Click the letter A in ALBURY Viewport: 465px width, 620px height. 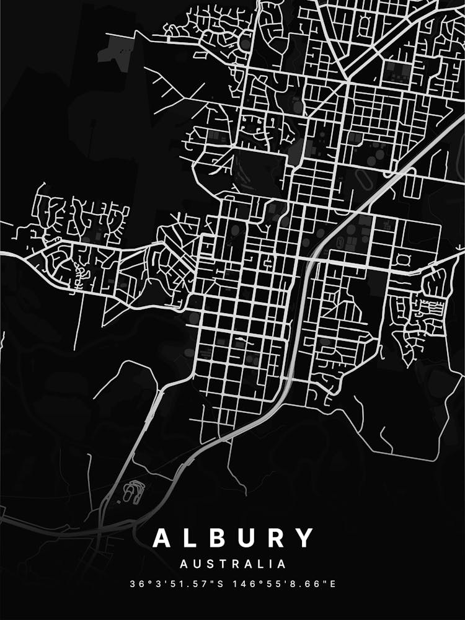162,538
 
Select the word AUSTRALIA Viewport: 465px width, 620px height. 232,564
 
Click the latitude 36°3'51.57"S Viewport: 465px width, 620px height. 179,584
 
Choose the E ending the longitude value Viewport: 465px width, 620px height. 332,584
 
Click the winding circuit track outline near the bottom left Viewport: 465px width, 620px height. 132,491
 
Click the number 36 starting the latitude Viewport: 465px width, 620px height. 136,584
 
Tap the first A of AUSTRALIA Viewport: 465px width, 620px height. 184,564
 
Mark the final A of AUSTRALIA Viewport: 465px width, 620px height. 282,564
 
